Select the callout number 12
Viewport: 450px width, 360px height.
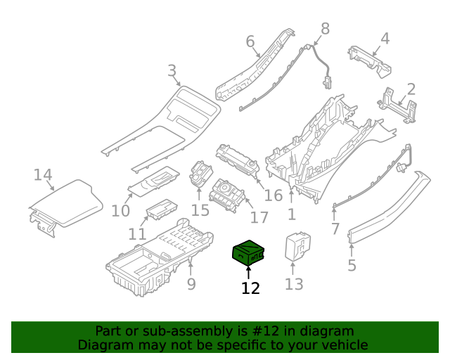250,288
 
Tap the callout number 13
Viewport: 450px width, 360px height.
294,284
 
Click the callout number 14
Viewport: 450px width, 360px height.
43,174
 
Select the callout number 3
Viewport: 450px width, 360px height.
172,70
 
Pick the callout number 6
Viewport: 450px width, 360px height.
250,42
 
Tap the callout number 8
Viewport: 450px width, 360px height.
325,28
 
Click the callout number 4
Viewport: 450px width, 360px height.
385,38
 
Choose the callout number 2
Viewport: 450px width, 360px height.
411,89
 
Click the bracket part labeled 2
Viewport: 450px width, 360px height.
395,106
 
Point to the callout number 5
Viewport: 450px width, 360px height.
352,265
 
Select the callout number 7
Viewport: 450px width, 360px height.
335,229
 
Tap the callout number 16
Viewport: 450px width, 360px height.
273,196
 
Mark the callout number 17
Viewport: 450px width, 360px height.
240,218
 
